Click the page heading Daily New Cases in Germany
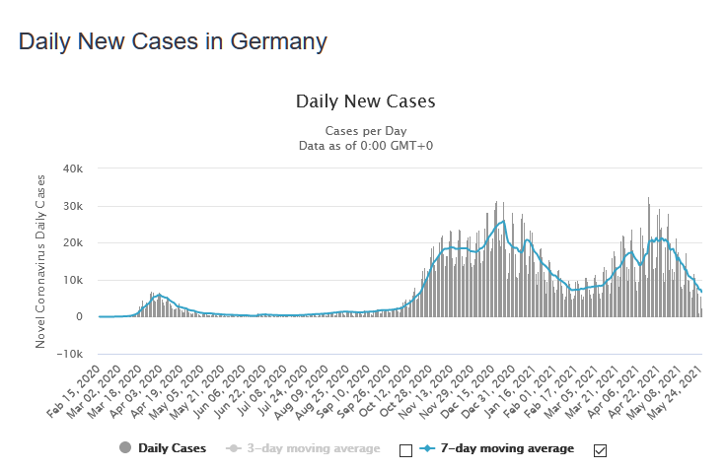(173, 42)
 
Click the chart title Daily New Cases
(365, 101)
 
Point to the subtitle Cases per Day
(365, 131)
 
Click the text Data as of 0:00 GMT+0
(365, 146)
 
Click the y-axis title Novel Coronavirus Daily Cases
(41, 261)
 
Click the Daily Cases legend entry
(173, 448)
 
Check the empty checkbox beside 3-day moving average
(405, 450)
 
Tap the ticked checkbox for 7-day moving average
(600, 450)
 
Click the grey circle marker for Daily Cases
(124, 448)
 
